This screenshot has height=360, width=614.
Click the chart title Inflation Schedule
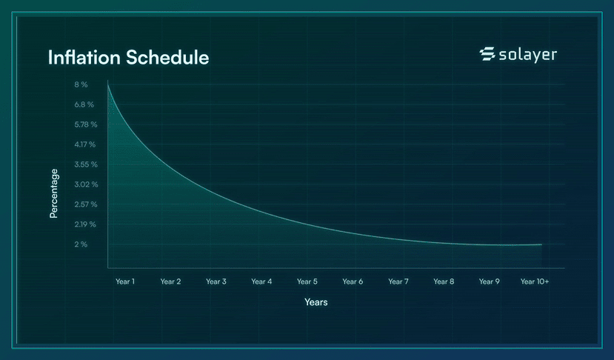(x=128, y=58)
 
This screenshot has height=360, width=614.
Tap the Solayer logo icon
(x=487, y=54)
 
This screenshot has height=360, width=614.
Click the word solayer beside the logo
(x=528, y=54)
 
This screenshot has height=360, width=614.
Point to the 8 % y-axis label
(x=81, y=84)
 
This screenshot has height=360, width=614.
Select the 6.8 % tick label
(x=84, y=104)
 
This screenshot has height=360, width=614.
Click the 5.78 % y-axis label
(x=86, y=124)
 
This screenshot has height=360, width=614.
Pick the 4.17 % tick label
(x=85, y=144)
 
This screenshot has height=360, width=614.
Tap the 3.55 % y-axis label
(x=86, y=164)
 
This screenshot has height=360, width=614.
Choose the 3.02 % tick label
(x=86, y=184)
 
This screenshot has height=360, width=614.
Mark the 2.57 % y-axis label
(x=86, y=204)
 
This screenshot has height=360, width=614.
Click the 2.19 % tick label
(x=85, y=224)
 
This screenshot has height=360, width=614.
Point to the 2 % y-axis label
(x=81, y=244)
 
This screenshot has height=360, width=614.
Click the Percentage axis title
(x=53, y=193)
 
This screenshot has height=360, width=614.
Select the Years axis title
(x=316, y=302)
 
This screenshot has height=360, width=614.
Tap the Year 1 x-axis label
(x=125, y=281)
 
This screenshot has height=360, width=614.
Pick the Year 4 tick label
(x=261, y=281)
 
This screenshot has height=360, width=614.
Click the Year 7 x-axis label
(x=398, y=281)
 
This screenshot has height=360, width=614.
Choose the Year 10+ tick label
(x=535, y=281)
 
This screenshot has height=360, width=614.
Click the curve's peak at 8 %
(x=107, y=81)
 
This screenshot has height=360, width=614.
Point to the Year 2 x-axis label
(x=171, y=281)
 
